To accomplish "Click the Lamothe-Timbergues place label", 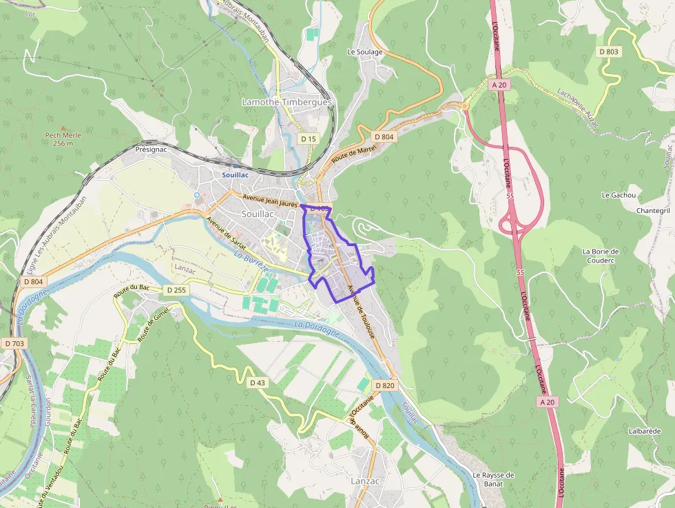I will [287, 102].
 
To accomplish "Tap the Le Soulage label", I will [365, 52].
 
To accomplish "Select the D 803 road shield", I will [609, 52].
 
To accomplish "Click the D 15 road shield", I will [308, 139].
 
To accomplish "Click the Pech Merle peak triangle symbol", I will [63, 128].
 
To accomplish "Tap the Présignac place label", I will [152, 149].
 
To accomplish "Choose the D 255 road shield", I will [176, 290].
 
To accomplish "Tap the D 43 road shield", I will [257, 382].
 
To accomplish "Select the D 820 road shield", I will [384, 385].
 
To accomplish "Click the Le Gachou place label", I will [618, 195].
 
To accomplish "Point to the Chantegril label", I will [653, 210].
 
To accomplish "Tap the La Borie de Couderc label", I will [601, 256].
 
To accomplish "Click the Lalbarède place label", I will [644, 431].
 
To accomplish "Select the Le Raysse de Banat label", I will [493, 479].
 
